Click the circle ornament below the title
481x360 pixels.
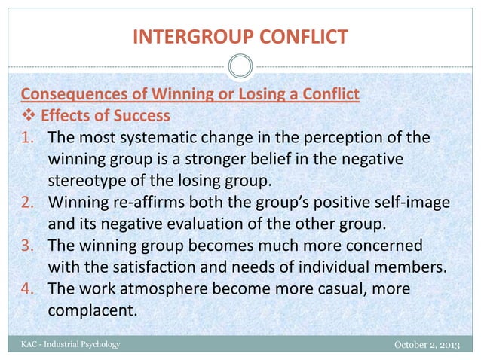click(240, 67)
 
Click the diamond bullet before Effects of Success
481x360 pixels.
click(26, 117)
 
